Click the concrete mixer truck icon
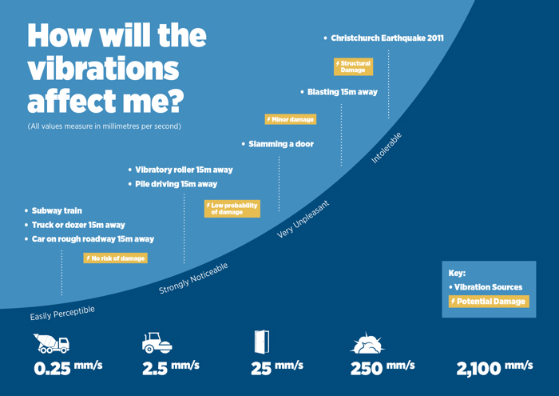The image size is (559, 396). pyautogui.click(x=52, y=343)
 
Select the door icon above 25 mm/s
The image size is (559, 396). pyautogui.click(x=261, y=342)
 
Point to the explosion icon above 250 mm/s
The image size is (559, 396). pyautogui.click(x=367, y=343)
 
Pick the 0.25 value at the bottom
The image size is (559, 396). pyautogui.click(x=53, y=370)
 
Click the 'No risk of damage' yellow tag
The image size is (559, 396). pyautogui.click(x=116, y=258)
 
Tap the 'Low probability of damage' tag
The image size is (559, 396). pyautogui.click(x=232, y=209)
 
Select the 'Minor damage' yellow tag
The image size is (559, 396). pyautogui.click(x=291, y=119)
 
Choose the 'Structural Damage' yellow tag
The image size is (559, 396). pyautogui.click(x=353, y=66)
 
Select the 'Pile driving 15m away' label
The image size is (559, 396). pyautogui.click(x=176, y=184)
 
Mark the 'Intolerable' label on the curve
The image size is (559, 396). pyautogui.click(x=387, y=148)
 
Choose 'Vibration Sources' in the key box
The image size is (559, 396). pyautogui.click(x=488, y=286)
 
